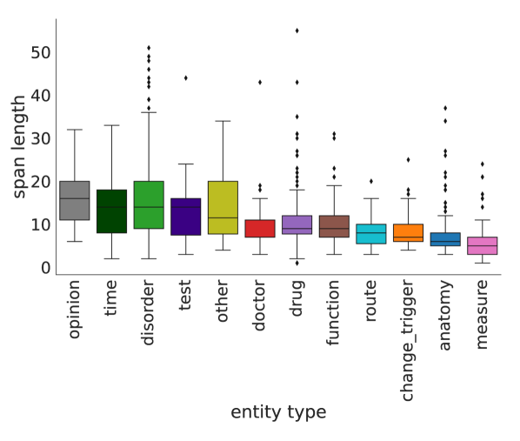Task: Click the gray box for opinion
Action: coord(74,200)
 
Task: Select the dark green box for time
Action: coord(111,211)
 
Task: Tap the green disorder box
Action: coord(149,205)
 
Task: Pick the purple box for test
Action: coord(185,217)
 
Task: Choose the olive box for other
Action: coord(223,208)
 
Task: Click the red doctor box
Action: coord(260,228)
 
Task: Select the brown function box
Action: coord(334,226)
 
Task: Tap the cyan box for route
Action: coord(371,234)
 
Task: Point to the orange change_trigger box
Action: coord(408,233)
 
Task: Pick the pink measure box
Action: coord(483,245)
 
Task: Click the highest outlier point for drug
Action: coord(297,30)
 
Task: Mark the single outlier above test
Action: coord(185,78)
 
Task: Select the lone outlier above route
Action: coord(371,181)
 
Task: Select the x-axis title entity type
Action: coord(278,412)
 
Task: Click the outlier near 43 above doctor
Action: coord(260,82)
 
